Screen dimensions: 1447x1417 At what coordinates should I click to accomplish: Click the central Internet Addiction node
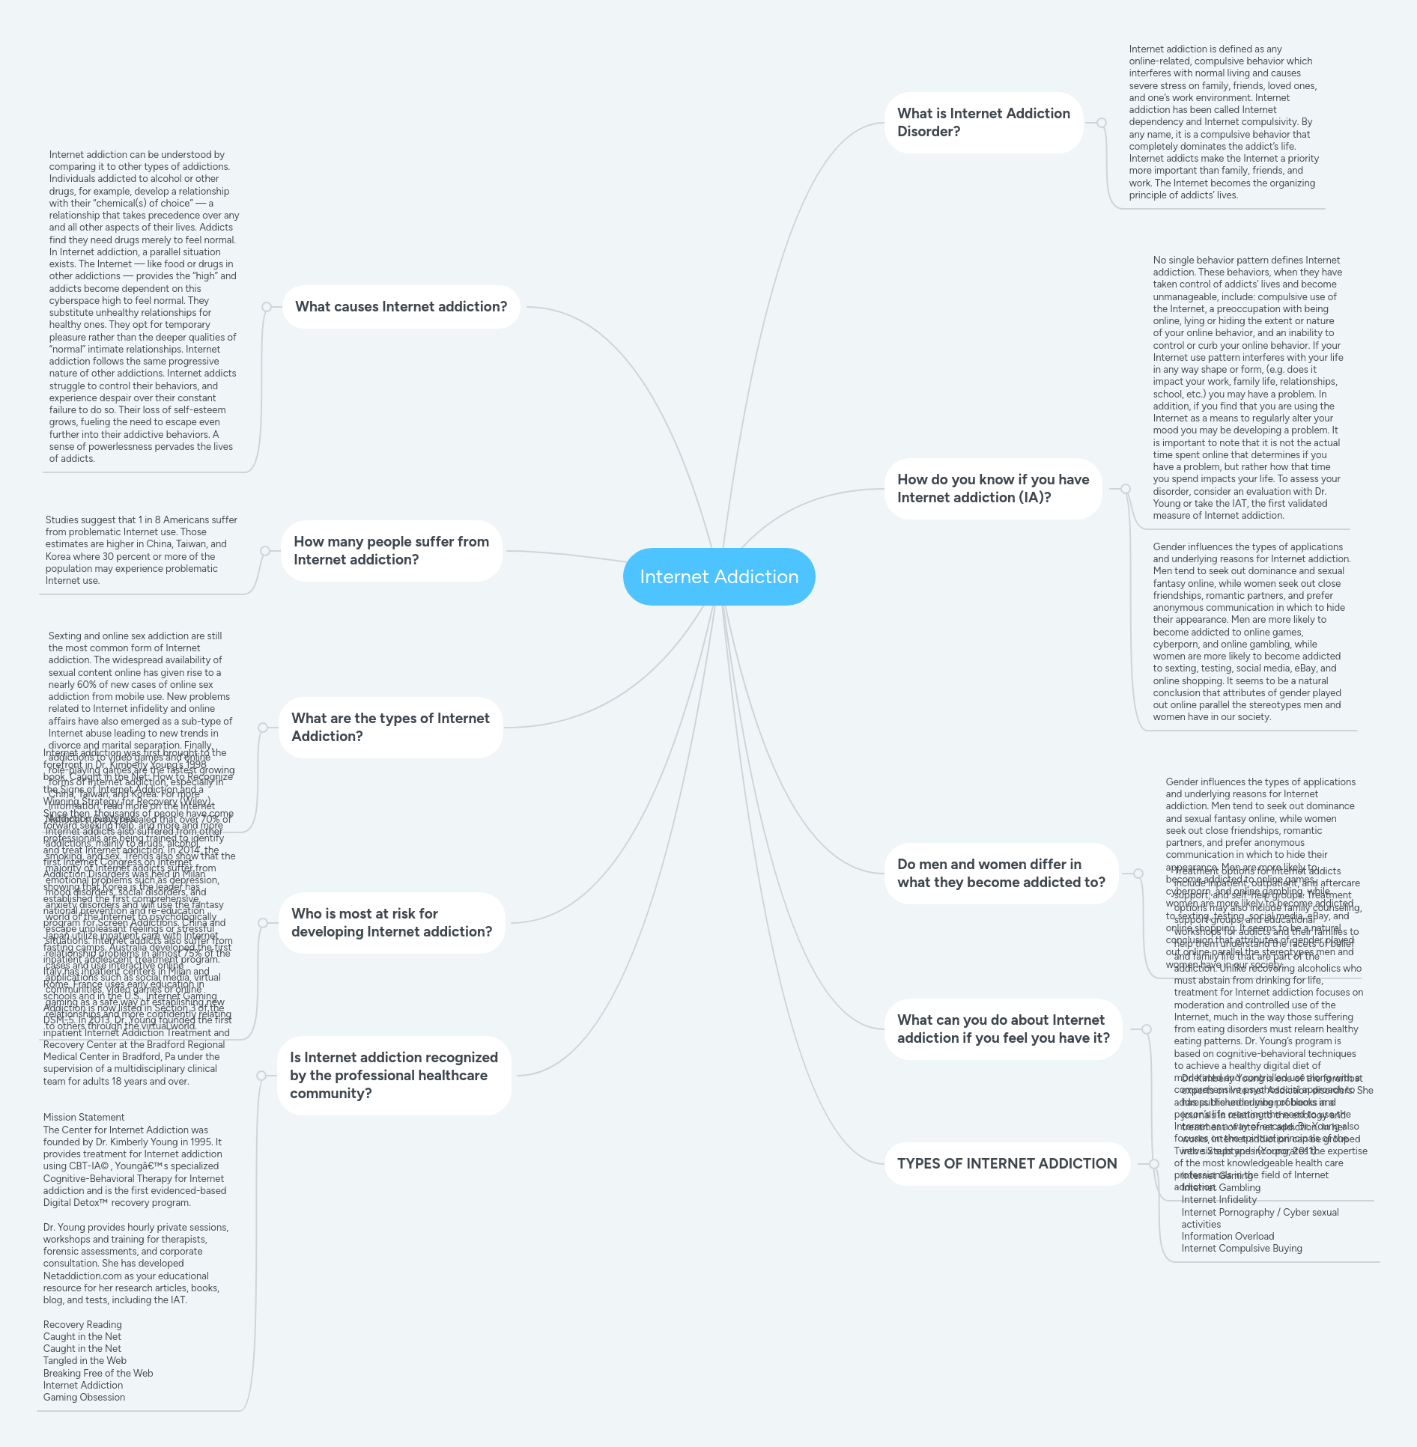(718, 576)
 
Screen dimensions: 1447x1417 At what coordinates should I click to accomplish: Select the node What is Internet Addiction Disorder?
(983, 123)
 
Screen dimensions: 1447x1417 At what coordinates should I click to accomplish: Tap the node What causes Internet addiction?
(401, 307)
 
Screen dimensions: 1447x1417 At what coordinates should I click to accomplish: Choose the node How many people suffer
(391, 551)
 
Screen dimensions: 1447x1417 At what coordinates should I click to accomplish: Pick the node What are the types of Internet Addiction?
(390, 728)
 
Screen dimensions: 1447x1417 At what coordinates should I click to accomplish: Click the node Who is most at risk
(391, 923)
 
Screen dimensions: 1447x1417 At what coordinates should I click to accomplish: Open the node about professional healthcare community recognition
(394, 1076)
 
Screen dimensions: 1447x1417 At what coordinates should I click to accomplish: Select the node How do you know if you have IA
(993, 489)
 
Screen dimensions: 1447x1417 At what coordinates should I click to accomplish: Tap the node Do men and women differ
(1001, 874)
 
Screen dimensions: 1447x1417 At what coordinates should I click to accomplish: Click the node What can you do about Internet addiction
(1003, 1029)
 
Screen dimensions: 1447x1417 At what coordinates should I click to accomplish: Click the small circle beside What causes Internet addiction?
(267, 307)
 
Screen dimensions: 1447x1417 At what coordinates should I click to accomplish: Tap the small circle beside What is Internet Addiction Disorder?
(1102, 123)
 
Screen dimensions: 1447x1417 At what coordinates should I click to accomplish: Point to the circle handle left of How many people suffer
(265, 551)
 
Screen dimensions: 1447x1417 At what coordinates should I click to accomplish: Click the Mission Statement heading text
(84, 1118)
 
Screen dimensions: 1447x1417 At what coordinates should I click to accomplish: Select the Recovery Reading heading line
(82, 1325)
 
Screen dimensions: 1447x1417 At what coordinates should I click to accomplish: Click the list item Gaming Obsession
(84, 1398)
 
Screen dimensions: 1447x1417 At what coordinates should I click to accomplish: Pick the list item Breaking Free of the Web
(98, 1374)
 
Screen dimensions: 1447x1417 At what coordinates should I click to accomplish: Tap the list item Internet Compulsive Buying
(1242, 1249)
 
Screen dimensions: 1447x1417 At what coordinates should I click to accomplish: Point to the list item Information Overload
(1228, 1237)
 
